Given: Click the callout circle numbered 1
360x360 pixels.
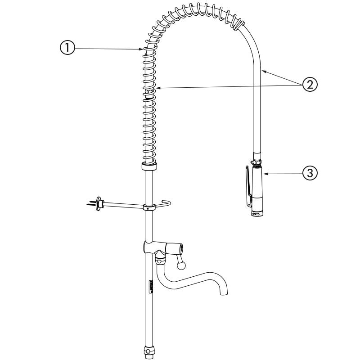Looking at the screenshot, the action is [x=67, y=48].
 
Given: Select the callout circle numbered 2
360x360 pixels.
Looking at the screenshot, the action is [x=310, y=85].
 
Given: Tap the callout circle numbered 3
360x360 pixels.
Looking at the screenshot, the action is [x=310, y=173].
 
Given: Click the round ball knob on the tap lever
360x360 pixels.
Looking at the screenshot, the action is [x=181, y=265].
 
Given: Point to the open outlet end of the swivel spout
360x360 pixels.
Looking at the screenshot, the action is [x=224, y=293].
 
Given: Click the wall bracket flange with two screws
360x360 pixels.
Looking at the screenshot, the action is [x=99, y=203].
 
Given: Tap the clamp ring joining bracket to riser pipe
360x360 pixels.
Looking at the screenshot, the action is [x=149, y=207].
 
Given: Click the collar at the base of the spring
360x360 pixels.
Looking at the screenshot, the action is [x=149, y=166].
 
